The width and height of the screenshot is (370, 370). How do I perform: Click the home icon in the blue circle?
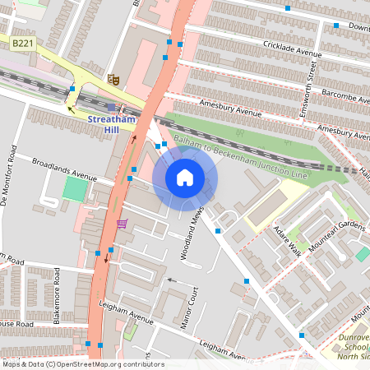click(185, 178)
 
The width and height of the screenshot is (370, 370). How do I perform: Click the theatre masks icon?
click(113, 79)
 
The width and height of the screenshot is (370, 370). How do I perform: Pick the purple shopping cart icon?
click(122, 224)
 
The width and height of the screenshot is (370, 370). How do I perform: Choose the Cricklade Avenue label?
click(286, 51)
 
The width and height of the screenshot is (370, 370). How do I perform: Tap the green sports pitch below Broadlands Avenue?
click(75, 189)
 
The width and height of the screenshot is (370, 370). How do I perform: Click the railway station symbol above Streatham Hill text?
click(111, 107)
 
